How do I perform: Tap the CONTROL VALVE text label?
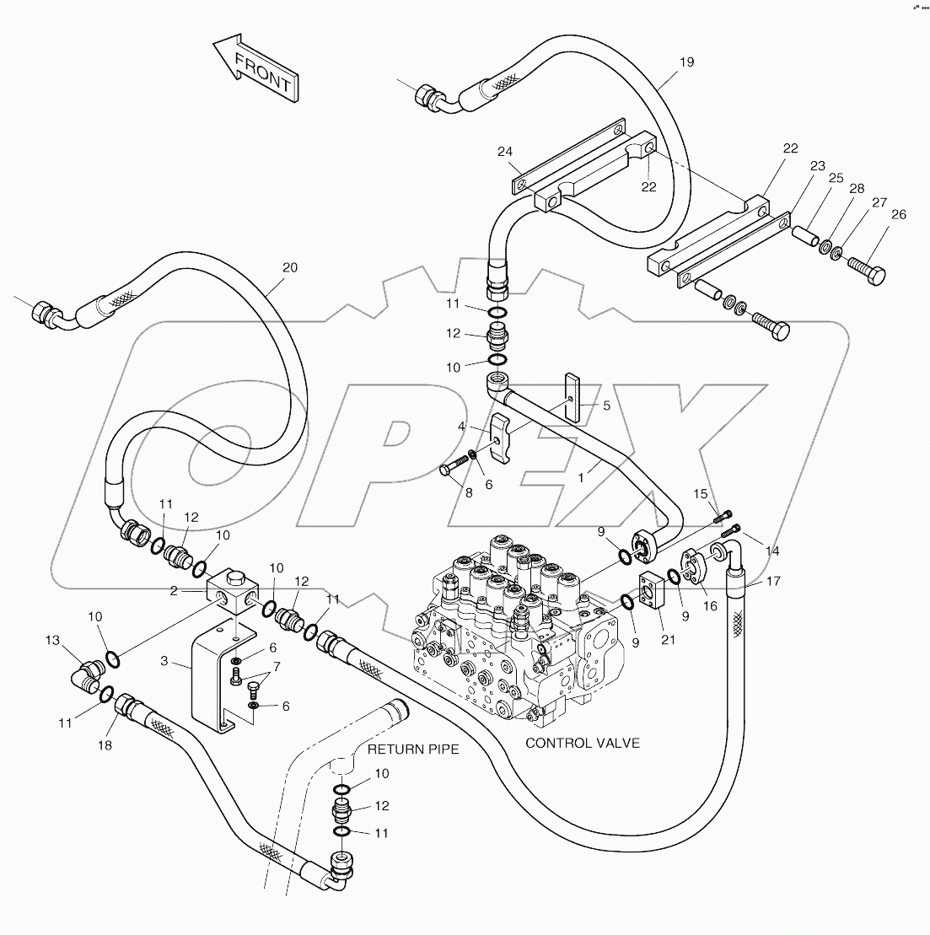coord(582,743)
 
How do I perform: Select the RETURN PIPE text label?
coord(413,749)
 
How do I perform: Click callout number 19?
coord(686,62)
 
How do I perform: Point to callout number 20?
coord(289,267)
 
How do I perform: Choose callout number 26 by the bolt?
coord(898,215)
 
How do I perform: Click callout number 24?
coord(504,152)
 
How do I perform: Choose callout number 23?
coord(817,167)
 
